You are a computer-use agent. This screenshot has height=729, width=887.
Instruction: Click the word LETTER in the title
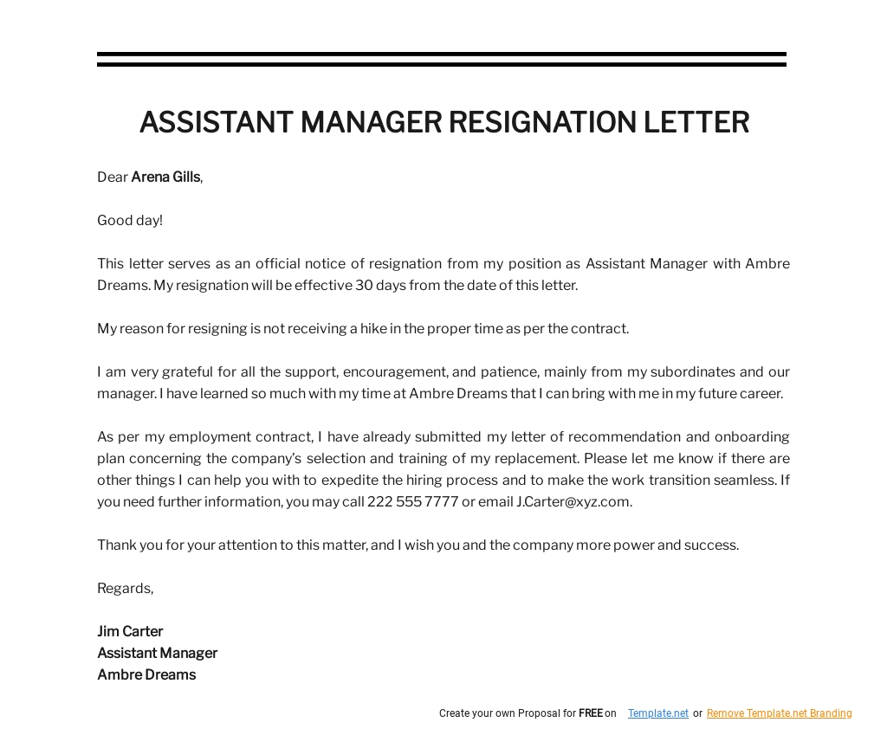(696, 122)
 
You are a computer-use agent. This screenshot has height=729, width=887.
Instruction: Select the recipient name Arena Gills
(165, 177)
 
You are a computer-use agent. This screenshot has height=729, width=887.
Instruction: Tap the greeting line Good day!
(130, 221)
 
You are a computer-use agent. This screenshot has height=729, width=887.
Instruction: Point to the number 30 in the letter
(364, 286)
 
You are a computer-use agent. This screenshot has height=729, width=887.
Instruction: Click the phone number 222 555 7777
(412, 502)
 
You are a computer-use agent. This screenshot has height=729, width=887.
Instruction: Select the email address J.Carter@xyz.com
(573, 502)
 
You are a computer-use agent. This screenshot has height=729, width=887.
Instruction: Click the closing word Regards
(125, 589)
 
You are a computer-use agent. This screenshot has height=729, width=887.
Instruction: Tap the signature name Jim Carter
(130, 632)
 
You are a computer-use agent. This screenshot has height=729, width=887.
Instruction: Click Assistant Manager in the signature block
(157, 654)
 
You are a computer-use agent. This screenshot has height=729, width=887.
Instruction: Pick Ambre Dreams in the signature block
(146, 675)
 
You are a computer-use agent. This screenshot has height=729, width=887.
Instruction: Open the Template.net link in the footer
(658, 713)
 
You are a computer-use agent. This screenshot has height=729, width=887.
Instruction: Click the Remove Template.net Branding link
(779, 713)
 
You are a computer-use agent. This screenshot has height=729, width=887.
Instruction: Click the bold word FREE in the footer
(591, 713)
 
